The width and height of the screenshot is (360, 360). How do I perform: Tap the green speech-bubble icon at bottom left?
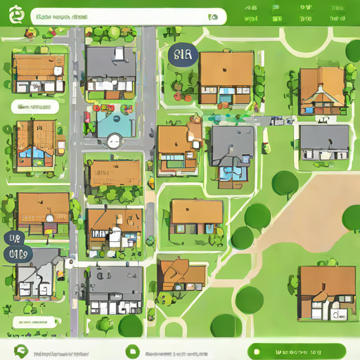20,351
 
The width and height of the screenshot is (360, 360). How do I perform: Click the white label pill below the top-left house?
32,107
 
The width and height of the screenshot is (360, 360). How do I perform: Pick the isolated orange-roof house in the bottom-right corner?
326,292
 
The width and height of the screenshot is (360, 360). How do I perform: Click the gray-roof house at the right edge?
324,142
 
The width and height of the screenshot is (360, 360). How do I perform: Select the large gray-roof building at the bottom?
115,288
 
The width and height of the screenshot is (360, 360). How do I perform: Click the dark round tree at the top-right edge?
354,51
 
